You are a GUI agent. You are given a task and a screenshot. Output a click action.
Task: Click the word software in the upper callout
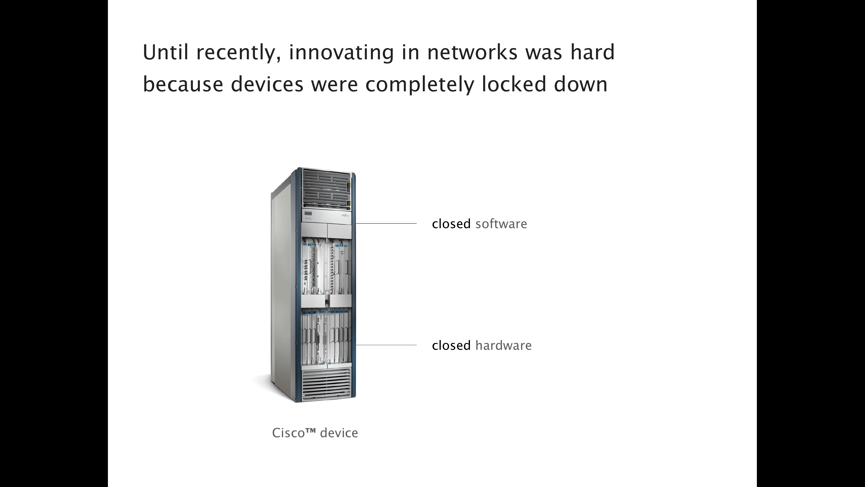click(501, 224)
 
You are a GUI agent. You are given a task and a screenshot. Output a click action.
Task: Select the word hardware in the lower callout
click(503, 345)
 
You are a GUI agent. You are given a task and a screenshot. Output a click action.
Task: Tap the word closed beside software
click(451, 224)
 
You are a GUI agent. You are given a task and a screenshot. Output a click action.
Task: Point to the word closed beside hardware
click(451, 345)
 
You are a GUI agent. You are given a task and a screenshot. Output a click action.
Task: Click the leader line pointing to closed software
click(386, 223)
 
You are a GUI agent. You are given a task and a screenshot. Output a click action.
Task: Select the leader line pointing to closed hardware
click(386, 345)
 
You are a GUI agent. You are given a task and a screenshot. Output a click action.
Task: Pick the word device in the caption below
click(339, 433)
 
